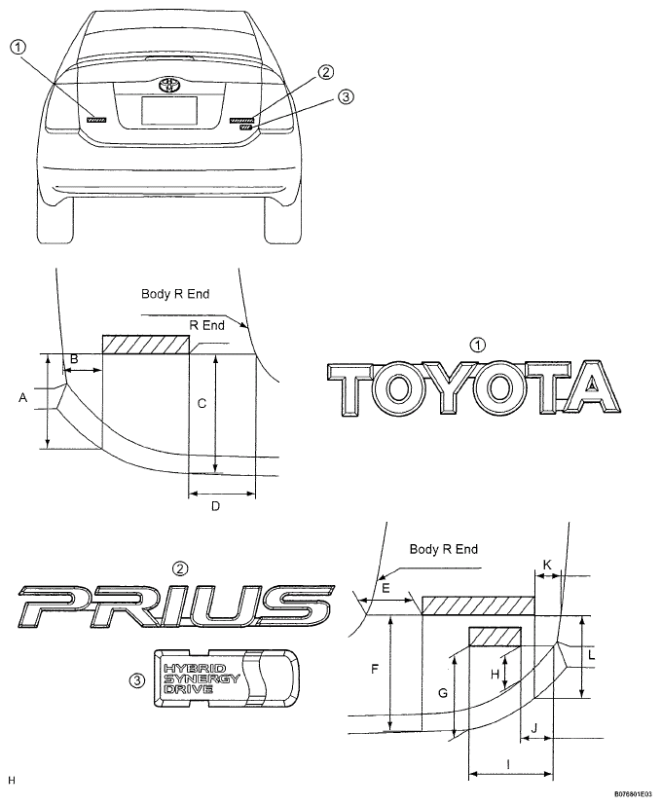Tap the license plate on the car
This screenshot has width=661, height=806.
tap(169, 111)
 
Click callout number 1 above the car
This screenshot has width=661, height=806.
tap(18, 48)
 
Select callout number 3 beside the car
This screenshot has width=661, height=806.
tap(346, 96)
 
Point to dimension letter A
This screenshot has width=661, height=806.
tap(22, 397)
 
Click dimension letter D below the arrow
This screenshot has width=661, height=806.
tap(215, 506)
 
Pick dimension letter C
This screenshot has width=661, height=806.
tap(202, 404)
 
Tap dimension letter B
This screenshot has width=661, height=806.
tap(74, 359)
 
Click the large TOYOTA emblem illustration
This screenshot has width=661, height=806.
tap(473, 387)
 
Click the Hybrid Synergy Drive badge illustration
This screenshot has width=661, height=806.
tap(226, 678)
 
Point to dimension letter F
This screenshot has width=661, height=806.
tap(375, 669)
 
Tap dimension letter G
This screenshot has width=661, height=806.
tap(443, 693)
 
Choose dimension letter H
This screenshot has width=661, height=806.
tap(495, 674)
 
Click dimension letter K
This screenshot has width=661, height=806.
tap(547, 565)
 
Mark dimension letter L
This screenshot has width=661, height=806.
tap(592, 655)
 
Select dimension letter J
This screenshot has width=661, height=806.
tap(534, 728)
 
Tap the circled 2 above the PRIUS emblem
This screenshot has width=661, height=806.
tap(180, 568)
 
